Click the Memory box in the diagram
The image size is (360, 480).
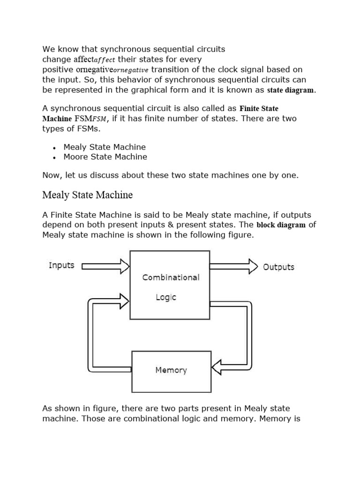point(171,371)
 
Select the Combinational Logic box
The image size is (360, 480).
point(170,285)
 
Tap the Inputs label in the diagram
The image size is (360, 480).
point(61,265)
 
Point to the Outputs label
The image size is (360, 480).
point(278,267)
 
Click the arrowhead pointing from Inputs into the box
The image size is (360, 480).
point(124,266)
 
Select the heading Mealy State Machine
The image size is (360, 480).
point(88,195)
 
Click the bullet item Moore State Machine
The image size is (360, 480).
point(105,157)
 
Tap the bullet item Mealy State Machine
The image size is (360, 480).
point(105,147)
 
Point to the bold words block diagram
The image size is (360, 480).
point(281,225)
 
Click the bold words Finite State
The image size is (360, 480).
point(259,109)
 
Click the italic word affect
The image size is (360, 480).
point(105,60)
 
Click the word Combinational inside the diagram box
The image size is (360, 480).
point(171,277)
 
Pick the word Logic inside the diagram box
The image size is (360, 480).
point(166,298)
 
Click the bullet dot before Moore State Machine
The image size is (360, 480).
point(55,157)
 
